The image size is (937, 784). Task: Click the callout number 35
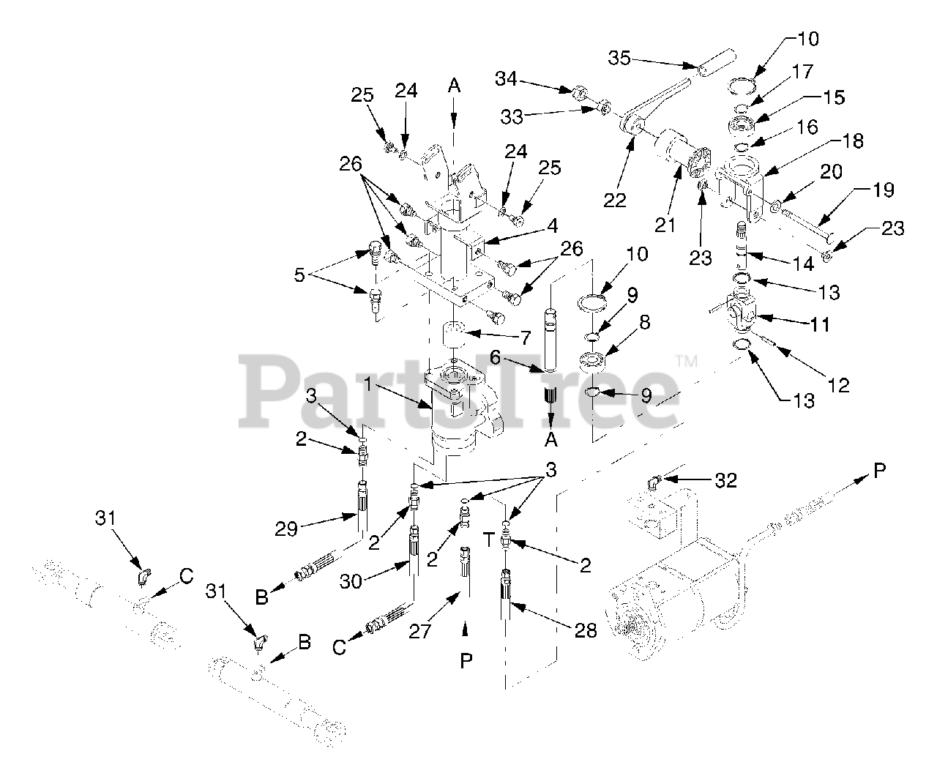(620, 58)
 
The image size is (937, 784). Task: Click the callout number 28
(586, 630)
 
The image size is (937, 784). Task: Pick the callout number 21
(665, 224)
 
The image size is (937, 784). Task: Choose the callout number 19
(884, 190)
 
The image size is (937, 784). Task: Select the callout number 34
(510, 77)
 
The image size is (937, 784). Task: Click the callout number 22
(615, 199)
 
